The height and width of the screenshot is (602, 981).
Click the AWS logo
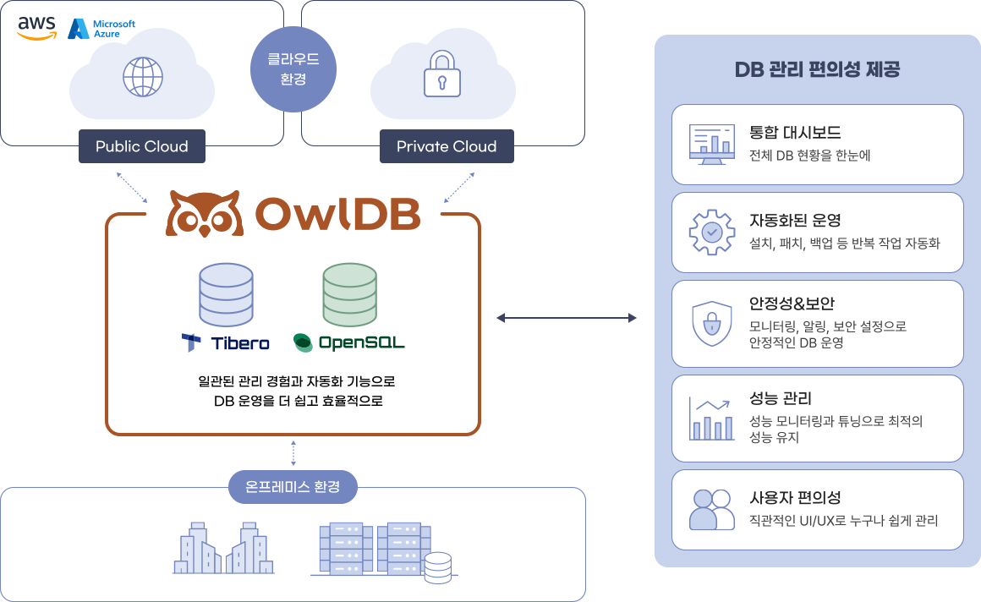click(37, 28)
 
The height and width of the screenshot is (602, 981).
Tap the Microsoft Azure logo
click(101, 29)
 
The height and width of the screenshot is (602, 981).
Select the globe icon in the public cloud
click(143, 77)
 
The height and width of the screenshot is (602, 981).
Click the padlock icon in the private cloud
click(442, 74)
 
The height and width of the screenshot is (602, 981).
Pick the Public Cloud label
click(142, 146)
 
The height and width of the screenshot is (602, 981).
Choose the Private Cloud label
click(447, 146)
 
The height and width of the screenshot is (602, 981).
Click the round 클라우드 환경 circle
click(293, 69)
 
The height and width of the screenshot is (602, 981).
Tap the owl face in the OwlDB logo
click(204, 214)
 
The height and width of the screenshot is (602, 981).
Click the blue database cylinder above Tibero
click(226, 295)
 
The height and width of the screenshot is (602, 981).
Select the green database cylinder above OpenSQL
click(350, 295)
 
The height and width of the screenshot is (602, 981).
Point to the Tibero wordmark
click(226, 343)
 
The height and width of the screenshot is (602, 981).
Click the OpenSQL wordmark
click(349, 343)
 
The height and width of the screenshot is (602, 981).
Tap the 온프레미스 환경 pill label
click(293, 487)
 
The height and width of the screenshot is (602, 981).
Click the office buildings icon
click(223, 548)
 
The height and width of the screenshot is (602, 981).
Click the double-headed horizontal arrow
click(567, 318)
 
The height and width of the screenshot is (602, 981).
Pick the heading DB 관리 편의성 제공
click(817, 68)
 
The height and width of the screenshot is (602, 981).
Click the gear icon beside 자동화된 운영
click(712, 233)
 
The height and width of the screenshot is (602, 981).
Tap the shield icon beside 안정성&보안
click(712, 324)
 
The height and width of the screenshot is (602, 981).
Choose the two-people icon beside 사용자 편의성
click(712, 509)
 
